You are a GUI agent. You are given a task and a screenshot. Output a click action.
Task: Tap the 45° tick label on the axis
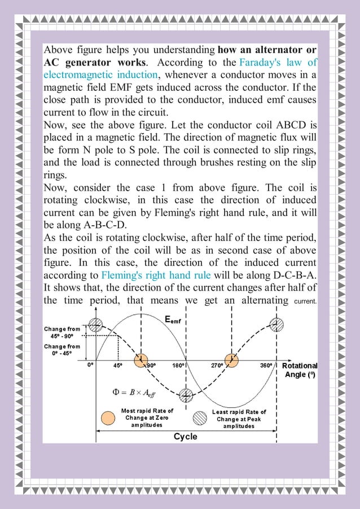(118, 365)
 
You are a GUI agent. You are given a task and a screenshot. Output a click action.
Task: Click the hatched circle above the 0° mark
(96, 324)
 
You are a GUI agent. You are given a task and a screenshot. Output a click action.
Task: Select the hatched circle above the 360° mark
(276, 324)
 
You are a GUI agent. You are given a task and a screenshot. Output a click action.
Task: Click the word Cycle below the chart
(186, 436)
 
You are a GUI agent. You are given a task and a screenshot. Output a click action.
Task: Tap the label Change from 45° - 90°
(63, 332)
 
